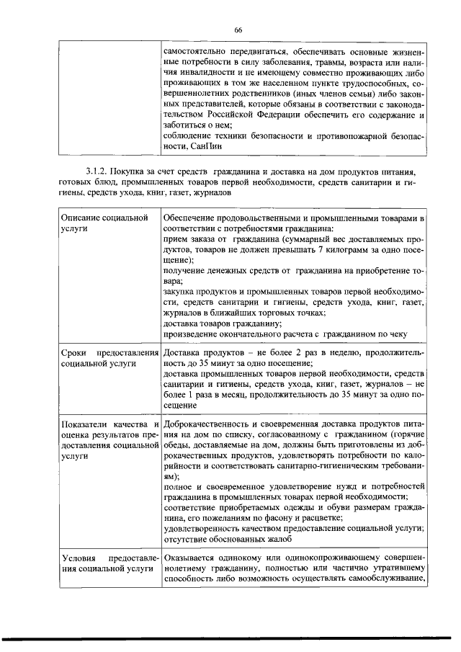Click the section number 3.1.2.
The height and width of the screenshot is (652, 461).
[97, 173]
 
